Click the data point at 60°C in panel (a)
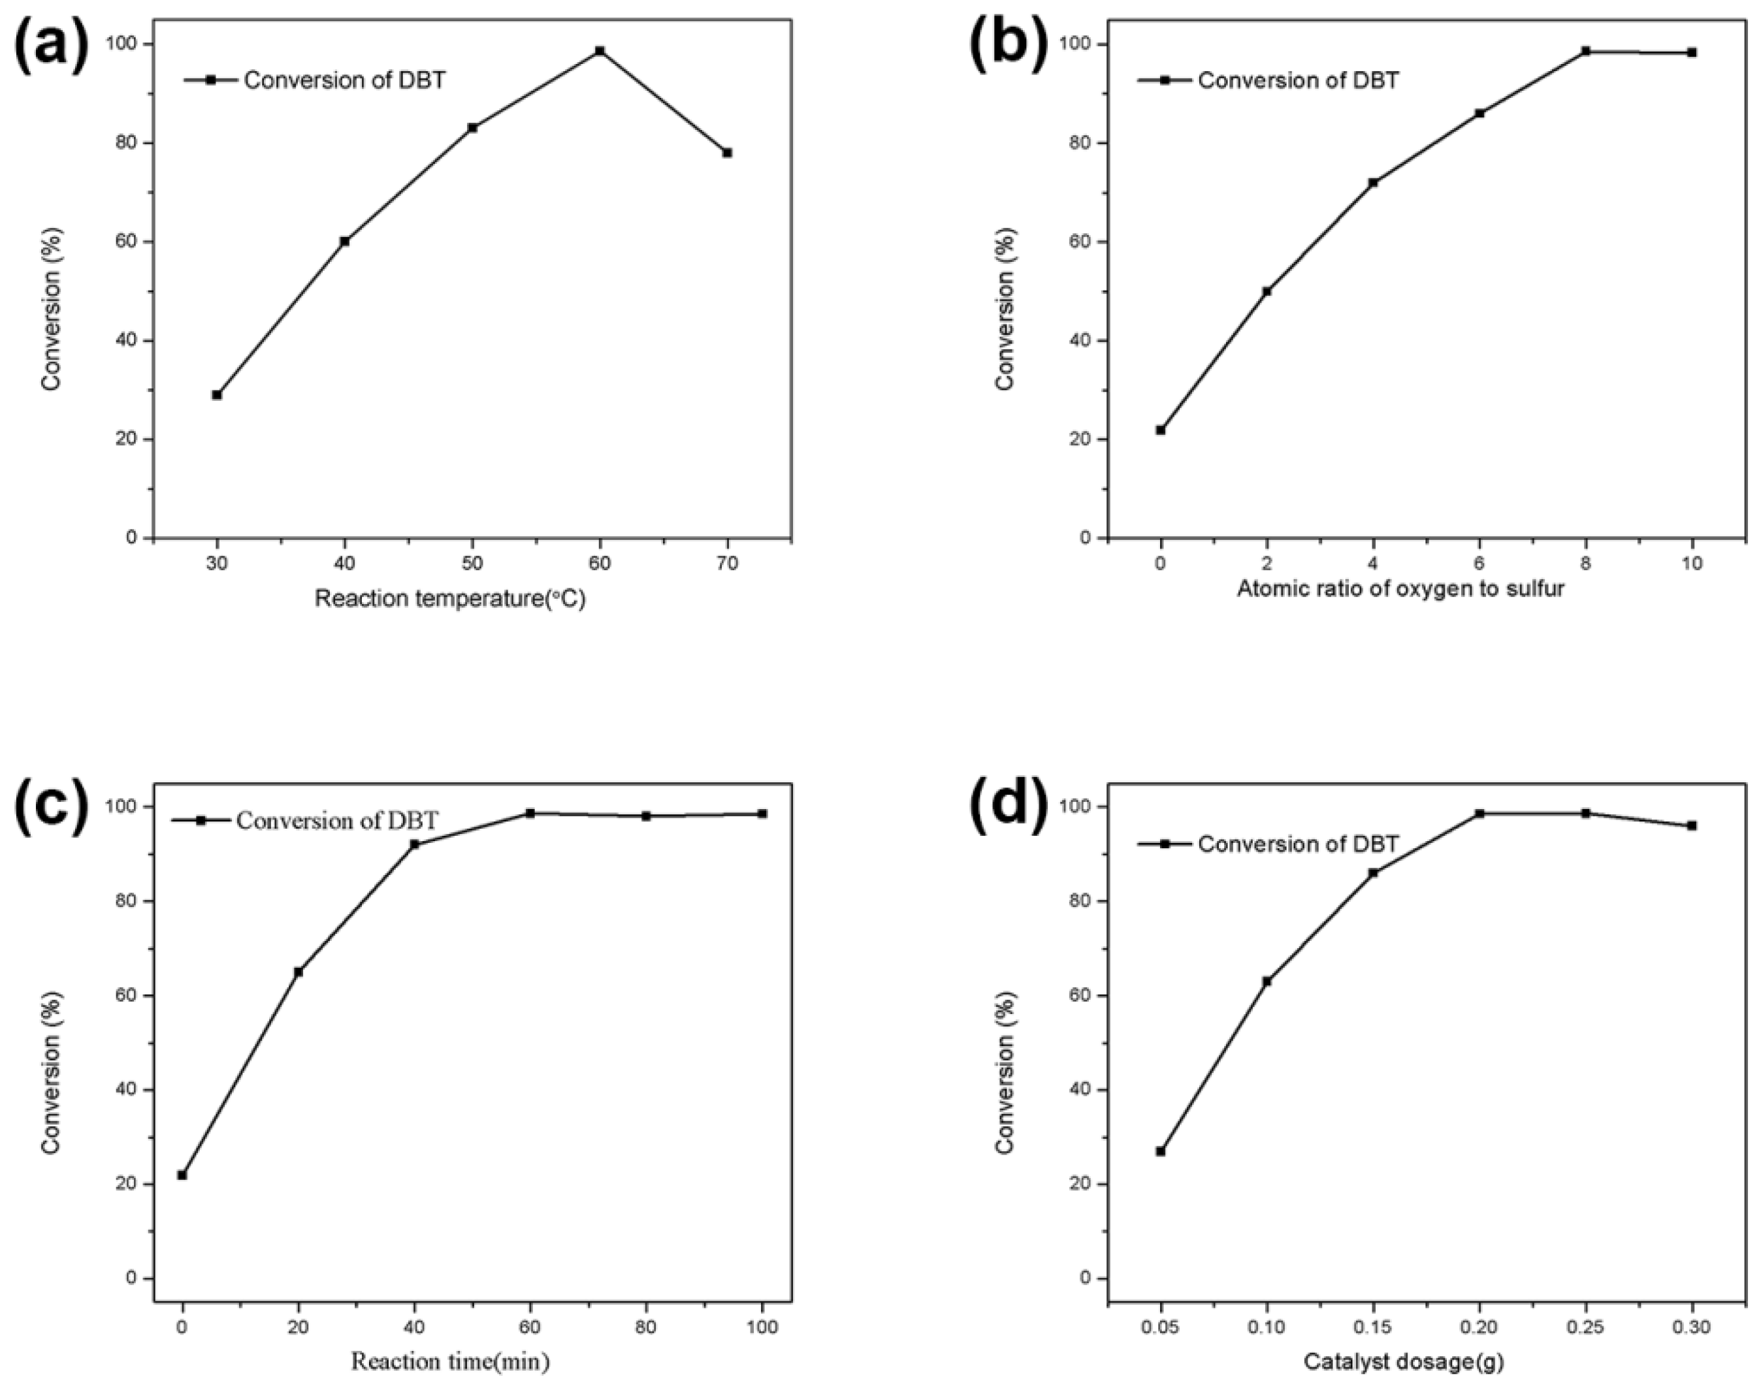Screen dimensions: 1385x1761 pos(600,51)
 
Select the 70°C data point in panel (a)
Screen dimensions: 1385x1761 pos(727,152)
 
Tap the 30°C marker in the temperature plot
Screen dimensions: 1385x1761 pos(217,395)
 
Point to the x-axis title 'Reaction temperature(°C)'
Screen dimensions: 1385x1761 pos(449,599)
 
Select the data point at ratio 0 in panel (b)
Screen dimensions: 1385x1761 pos(1161,430)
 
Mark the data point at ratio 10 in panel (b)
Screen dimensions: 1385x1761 pos(1691,53)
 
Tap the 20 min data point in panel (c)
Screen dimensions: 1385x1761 pos(299,972)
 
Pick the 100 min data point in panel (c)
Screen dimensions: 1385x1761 pos(762,814)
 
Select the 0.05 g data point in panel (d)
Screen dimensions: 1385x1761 pos(1161,1151)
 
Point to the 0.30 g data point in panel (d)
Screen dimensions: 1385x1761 pos(1691,825)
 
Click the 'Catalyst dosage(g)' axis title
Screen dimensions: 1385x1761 pos(1403,1362)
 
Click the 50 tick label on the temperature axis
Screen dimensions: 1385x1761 pos(472,564)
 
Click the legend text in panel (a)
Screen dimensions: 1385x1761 pos(345,80)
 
